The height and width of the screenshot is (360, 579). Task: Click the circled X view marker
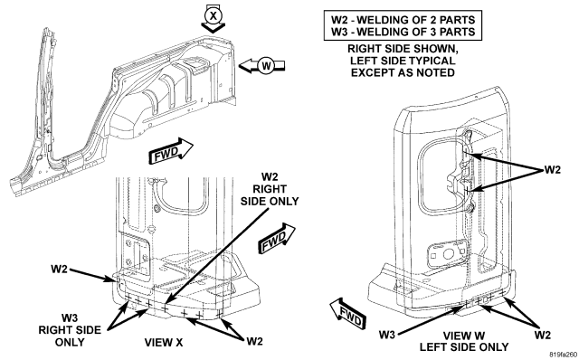214,15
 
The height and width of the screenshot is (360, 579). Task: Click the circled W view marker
266,66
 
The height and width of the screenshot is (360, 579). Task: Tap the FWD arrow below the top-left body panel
171,151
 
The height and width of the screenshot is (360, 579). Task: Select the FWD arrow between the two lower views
278,238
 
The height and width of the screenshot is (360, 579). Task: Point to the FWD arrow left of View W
347,315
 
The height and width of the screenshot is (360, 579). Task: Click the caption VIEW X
163,343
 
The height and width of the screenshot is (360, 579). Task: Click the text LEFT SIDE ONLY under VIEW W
464,347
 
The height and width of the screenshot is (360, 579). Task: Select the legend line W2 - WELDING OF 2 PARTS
403,20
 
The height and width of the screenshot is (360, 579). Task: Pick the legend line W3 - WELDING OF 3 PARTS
403,32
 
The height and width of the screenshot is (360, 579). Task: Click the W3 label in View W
387,335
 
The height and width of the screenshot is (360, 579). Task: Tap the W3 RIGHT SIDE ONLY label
70,330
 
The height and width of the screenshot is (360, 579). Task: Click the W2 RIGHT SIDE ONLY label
270,189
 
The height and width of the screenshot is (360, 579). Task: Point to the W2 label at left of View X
59,269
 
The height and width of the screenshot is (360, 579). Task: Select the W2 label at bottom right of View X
254,341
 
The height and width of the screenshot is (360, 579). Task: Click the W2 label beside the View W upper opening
553,170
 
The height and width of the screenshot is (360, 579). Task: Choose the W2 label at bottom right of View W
542,335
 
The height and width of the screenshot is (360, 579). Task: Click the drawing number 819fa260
563,355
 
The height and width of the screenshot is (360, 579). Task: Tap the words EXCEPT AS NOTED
403,72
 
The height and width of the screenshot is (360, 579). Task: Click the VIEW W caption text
464,336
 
